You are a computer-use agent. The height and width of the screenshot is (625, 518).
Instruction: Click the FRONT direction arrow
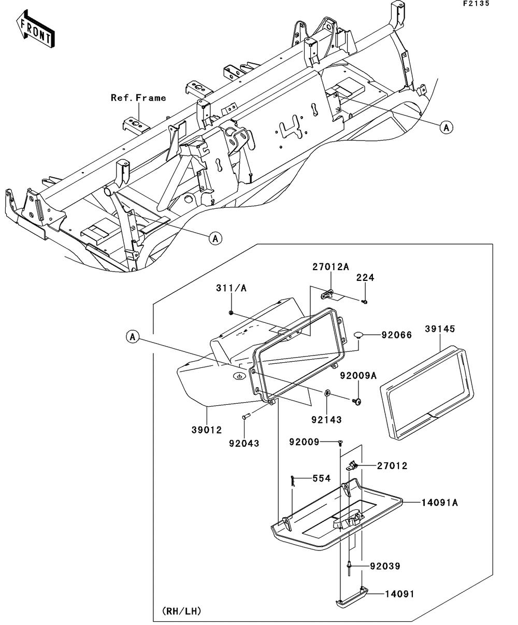[x=35, y=30]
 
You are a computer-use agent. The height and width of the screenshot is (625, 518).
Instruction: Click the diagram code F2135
[x=477, y=4]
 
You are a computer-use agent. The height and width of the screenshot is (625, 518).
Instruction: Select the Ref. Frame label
[x=138, y=98]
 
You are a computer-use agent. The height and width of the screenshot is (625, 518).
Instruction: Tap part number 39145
[x=440, y=329]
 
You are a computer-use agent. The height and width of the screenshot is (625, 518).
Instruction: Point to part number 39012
[x=207, y=430]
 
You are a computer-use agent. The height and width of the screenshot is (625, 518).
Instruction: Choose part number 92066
[x=396, y=335]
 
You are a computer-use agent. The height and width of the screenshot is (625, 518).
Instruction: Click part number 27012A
[x=330, y=267]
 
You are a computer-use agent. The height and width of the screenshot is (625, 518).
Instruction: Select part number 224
[x=365, y=277]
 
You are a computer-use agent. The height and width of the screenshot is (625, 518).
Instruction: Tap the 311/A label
[x=232, y=288]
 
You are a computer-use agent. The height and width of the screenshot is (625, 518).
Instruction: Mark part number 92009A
[x=358, y=375]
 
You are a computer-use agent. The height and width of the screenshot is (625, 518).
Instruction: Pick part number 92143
[x=326, y=420]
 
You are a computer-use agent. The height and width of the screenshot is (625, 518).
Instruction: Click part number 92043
[x=244, y=443]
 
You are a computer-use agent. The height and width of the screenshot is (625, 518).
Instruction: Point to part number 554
[x=322, y=478]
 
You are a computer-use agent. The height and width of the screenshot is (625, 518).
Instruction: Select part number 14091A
[x=440, y=503]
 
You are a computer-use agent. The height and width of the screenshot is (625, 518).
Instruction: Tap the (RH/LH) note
[x=182, y=611]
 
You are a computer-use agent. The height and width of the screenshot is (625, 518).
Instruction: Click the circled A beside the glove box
[x=133, y=337]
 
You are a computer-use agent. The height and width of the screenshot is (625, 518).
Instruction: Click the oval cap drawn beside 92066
[x=358, y=334]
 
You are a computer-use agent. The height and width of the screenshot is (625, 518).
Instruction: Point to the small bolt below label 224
[x=365, y=302]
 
